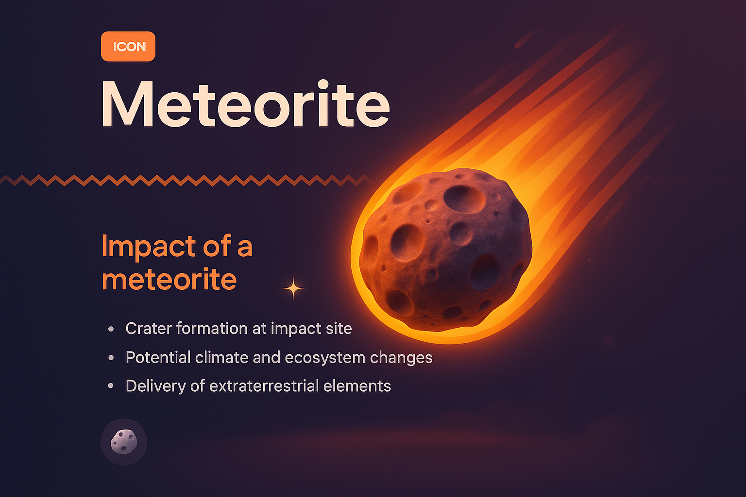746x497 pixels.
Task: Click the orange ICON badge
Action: pos(128,47)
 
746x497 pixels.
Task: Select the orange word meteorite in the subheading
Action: pos(169,280)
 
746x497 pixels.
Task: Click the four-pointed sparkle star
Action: pos(293,289)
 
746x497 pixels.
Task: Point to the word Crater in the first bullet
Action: pos(148,329)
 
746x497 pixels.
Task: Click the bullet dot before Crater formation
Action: pos(111,329)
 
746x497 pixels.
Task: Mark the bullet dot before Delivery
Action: pos(111,386)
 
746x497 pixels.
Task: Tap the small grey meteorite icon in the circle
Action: pos(124,442)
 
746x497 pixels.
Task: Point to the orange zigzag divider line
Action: pos(185,181)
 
